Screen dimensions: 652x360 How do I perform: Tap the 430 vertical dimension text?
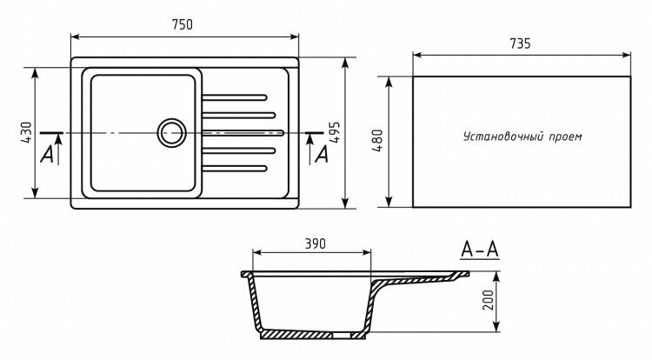pos(26,131)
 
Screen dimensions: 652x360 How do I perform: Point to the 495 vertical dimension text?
pos(334,132)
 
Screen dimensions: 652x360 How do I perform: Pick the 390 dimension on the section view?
pos(315,243)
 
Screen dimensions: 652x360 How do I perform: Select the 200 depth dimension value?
pos(487,302)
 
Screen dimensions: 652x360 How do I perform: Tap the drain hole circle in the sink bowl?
pos(171,133)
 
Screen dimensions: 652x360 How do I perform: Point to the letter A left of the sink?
pos(48,153)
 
